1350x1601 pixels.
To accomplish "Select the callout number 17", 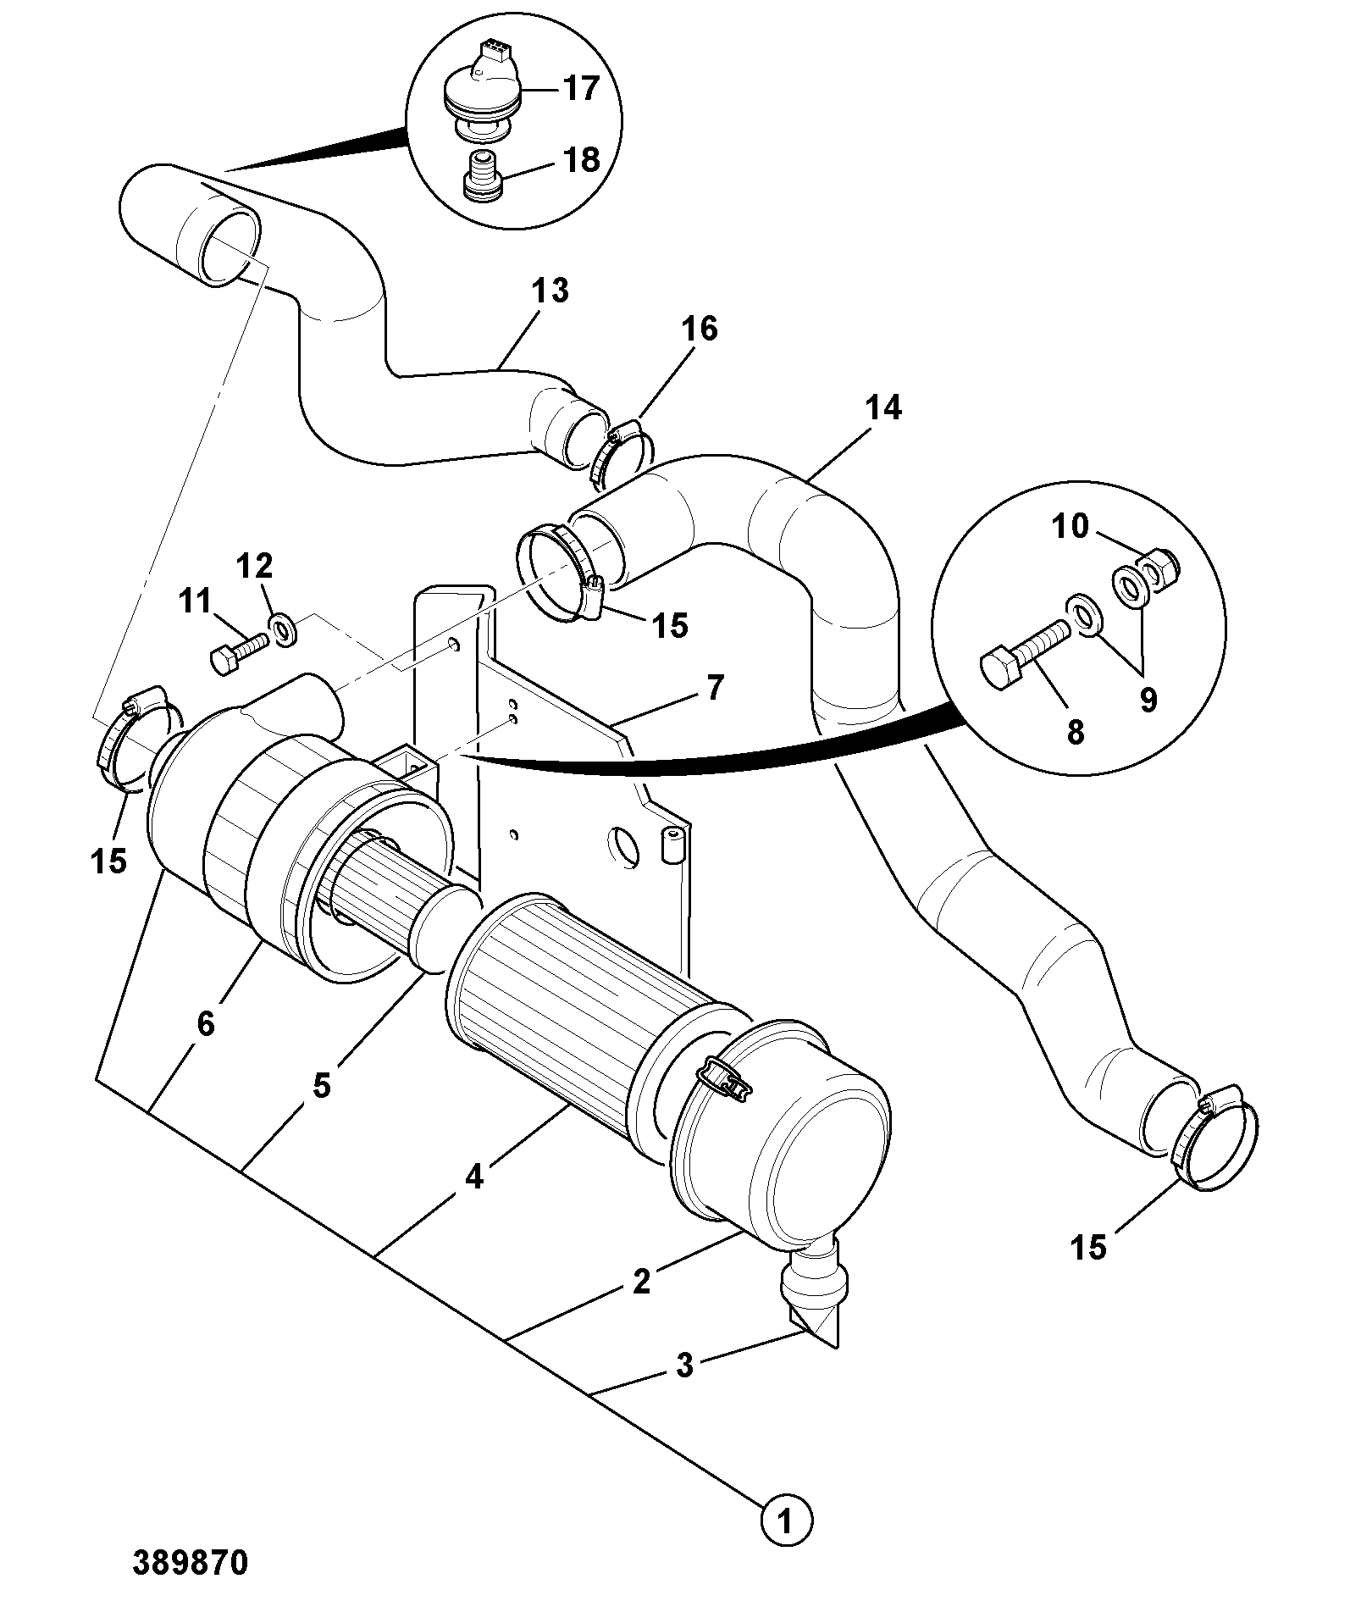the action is tap(581, 87).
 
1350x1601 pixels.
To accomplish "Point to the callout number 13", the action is tap(551, 291).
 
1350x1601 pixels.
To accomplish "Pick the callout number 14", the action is tap(883, 408).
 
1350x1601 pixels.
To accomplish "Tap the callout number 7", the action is tap(715, 688).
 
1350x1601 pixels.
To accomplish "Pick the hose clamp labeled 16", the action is tap(621, 456).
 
